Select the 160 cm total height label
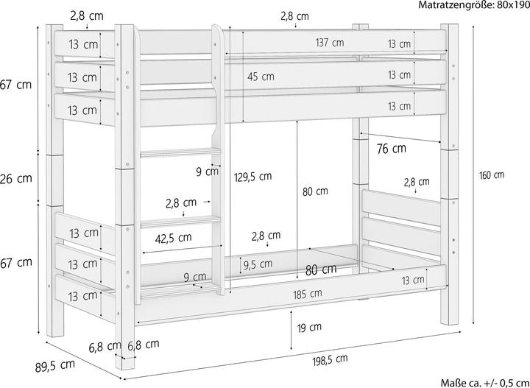tap(491, 175)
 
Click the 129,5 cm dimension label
tap(255, 176)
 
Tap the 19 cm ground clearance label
tap(309, 327)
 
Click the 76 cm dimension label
tap(391, 149)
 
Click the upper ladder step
tap(180, 153)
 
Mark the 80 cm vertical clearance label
tap(315, 192)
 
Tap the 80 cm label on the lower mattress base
tap(321, 269)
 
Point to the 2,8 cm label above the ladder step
tap(180, 202)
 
